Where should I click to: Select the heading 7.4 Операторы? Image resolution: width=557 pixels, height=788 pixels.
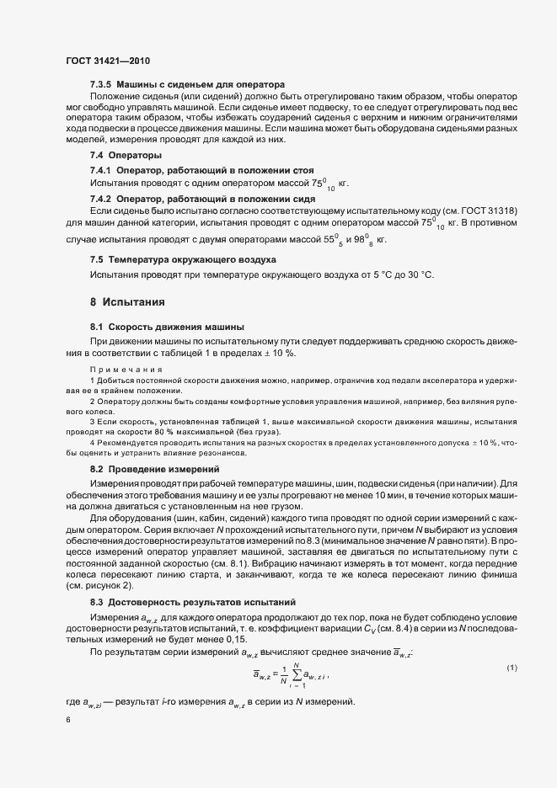coord(126,157)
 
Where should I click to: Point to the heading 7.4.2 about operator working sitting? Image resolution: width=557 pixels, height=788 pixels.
coord(191,198)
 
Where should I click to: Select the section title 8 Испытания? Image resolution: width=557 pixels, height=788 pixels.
coord(126,301)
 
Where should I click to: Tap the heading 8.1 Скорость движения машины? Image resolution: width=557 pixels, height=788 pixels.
coord(167,326)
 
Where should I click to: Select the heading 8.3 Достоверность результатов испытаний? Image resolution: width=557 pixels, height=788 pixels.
coord(202,604)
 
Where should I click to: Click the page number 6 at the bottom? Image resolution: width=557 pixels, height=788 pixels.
coord(67,721)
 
